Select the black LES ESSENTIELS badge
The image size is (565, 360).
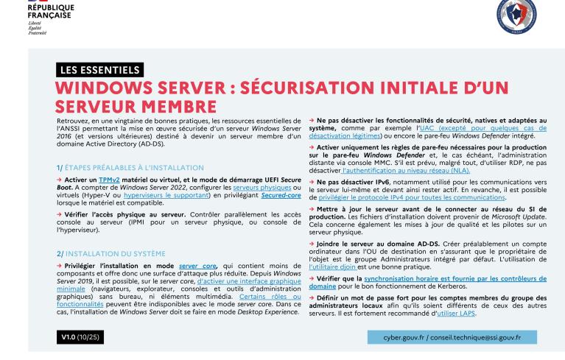pos(99,71)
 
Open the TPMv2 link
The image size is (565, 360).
pos(108,179)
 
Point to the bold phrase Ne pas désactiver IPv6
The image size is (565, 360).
pos(353,182)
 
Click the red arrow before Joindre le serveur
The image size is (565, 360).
pos(312,244)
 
